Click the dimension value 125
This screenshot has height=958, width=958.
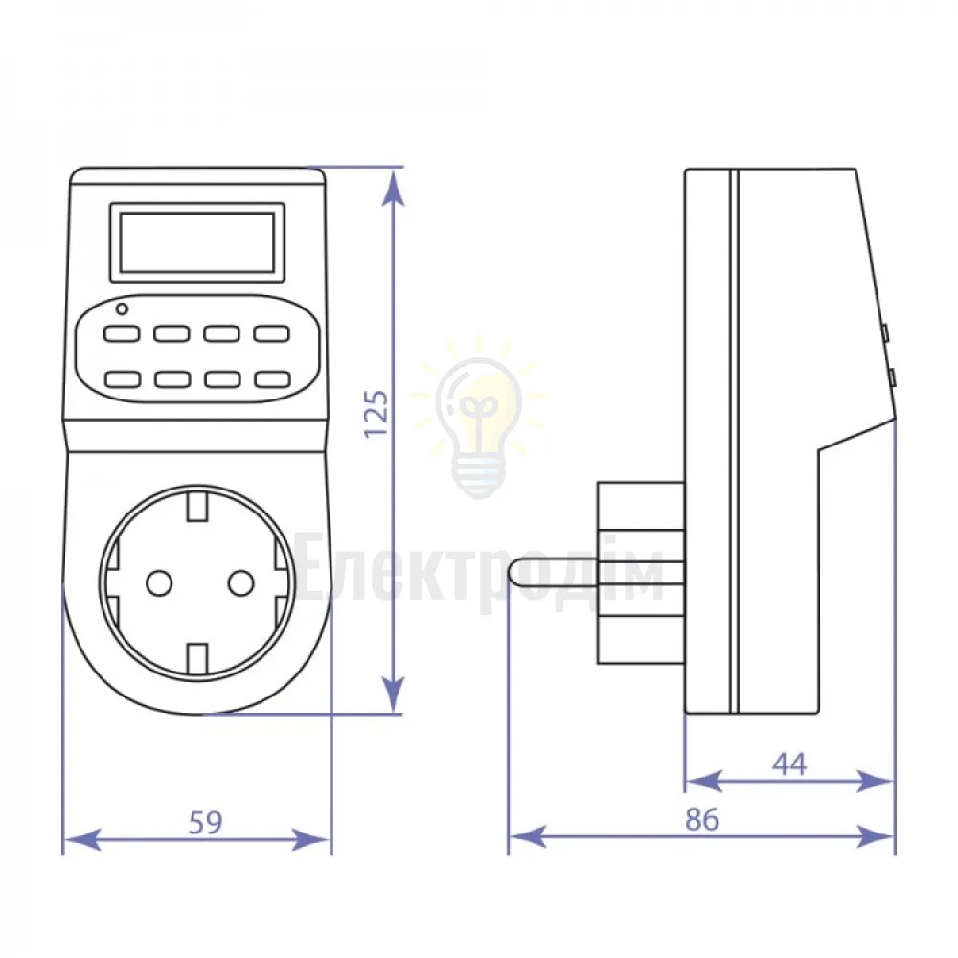click(376, 413)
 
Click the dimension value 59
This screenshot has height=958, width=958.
click(205, 823)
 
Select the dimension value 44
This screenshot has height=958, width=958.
click(789, 764)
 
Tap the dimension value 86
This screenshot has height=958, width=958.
click(702, 820)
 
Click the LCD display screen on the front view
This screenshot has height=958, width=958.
click(197, 242)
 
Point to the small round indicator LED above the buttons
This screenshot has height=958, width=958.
click(123, 309)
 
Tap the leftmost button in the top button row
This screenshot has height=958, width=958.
click(122, 333)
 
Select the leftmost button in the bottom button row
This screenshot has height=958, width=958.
click(123, 378)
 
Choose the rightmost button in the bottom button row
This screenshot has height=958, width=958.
click(272, 378)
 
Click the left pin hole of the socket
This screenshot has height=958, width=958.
click(159, 583)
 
